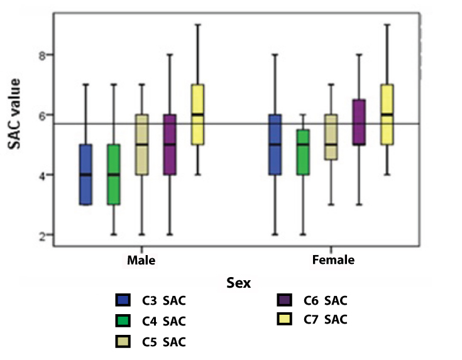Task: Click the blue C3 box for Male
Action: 86,174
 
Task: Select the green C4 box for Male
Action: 114,174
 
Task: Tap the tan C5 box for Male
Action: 142,145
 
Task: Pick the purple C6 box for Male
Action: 170,145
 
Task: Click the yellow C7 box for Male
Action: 197,114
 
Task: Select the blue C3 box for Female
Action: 275,145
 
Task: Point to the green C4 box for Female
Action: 303,153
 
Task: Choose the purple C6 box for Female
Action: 359,122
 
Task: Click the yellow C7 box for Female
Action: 387,114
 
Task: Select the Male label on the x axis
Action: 141,259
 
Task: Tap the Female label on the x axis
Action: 333,259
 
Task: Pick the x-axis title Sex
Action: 238,283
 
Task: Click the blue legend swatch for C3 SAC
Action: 124,300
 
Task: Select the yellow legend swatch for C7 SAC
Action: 286,320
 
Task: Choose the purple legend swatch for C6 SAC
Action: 286,300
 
